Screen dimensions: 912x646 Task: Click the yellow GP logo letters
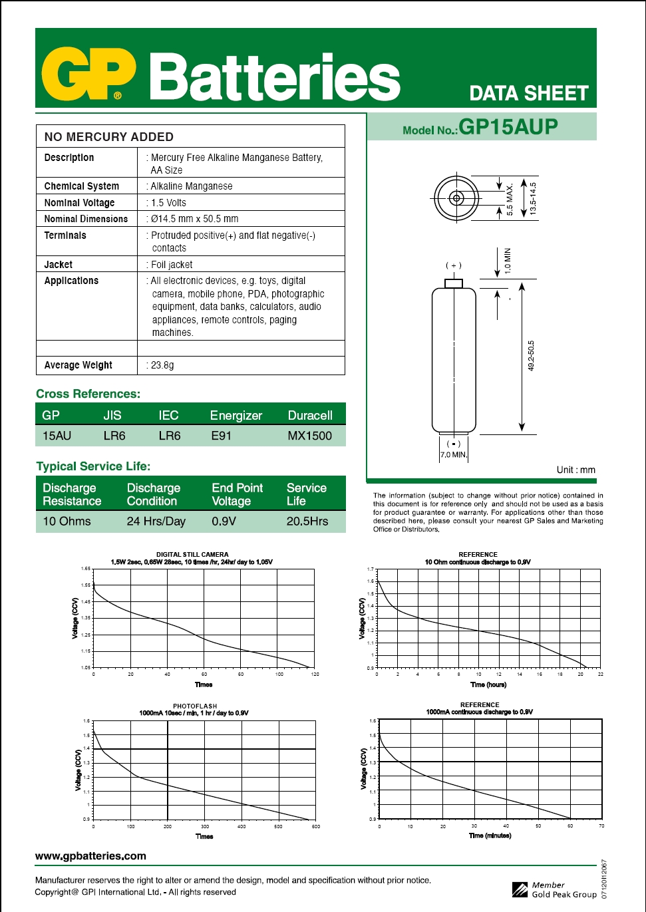click(88, 74)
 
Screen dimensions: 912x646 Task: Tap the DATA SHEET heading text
click(529, 94)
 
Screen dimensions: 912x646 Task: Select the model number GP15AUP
click(508, 127)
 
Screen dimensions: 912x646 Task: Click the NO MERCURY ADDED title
click(109, 137)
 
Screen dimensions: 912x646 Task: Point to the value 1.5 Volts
click(168, 203)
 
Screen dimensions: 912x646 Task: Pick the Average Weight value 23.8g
click(162, 365)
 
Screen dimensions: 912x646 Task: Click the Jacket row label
click(59, 265)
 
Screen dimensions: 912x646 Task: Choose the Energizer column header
click(236, 416)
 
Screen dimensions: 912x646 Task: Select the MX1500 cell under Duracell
click(309, 436)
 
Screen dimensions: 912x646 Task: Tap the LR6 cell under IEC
click(170, 436)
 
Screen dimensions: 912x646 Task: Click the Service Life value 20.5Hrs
click(307, 522)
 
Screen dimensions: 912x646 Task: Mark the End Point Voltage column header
click(238, 495)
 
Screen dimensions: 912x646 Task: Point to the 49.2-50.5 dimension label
click(531, 356)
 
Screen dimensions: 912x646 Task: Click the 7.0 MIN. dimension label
click(454, 455)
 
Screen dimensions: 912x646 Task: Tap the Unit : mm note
click(575, 470)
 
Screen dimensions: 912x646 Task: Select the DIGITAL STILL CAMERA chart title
click(192, 554)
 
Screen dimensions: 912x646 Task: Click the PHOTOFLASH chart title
click(195, 706)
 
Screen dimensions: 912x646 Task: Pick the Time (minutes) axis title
click(490, 836)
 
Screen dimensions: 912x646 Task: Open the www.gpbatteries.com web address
click(90, 856)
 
